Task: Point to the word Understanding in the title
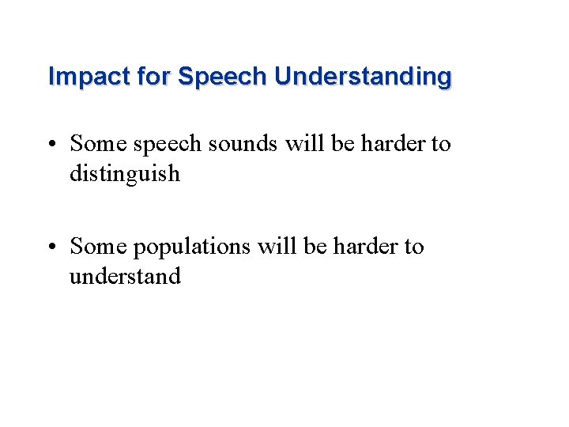tap(363, 77)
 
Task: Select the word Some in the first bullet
tap(97, 144)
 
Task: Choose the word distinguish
tap(125, 173)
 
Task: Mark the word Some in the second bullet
tap(97, 247)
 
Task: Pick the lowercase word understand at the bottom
tap(125, 276)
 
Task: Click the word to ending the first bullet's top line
tap(440, 144)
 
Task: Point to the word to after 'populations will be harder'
tap(413, 247)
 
